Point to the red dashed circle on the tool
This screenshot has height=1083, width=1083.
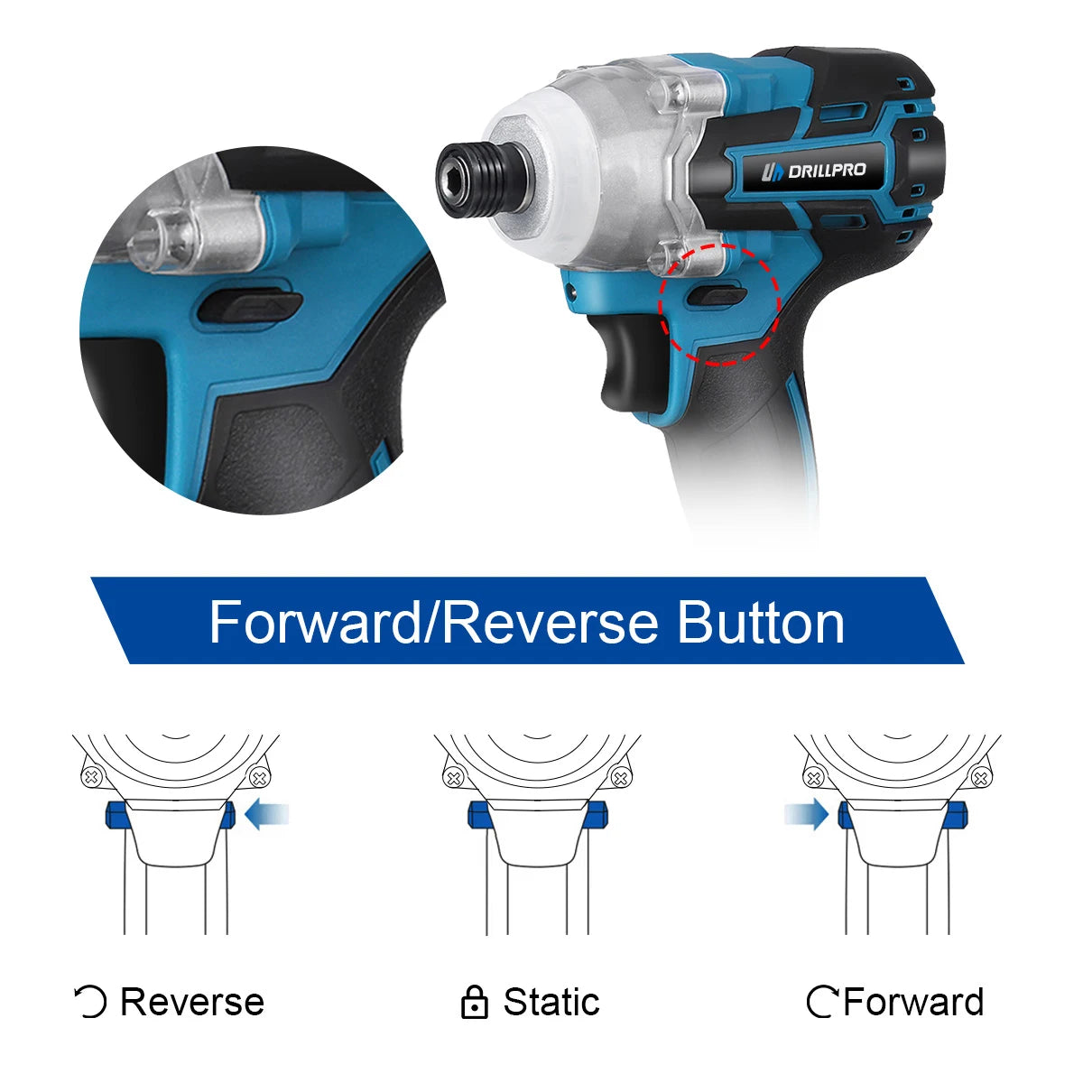pyautogui.click(x=719, y=303)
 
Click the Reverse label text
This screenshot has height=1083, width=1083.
pyautogui.click(x=191, y=1002)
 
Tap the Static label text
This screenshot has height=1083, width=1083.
pyautogui.click(x=551, y=1002)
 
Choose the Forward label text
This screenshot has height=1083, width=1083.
pyautogui.click(x=913, y=1002)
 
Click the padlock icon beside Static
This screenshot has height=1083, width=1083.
pyautogui.click(x=474, y=1003)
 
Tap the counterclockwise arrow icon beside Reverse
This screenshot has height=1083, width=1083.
pyautogui.click(x=90, y=1002)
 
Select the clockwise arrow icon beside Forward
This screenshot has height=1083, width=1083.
pyautogui.click(x=822, y=1002)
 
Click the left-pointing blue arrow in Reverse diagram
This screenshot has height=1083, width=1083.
pyautogui.click(x=268, y=815)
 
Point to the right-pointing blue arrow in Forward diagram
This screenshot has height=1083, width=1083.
pyautogui.click(x=806, y=815)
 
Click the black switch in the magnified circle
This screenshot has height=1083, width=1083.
pyautogui.click(x=248, y=308)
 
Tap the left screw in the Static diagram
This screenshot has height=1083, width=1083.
pyautogui.click(x=454, y=777)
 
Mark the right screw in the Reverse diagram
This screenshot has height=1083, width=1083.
pyautogui.click(x=260, y=776)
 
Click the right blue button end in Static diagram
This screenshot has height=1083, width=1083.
pyautogui.click(x=598, y=816)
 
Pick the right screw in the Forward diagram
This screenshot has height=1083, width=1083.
pyautogui.click(x=980, y=777)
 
